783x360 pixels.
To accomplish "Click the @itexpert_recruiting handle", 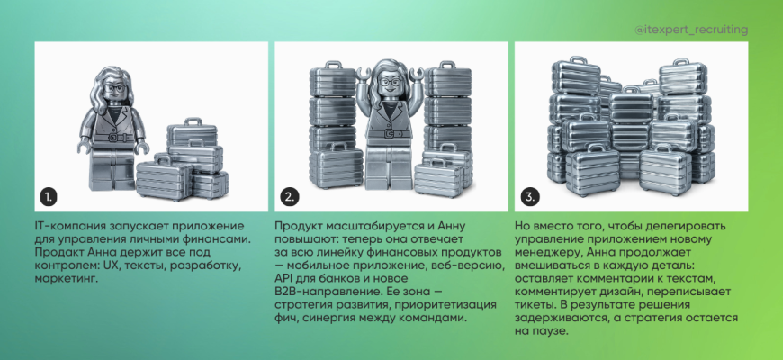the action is pyautogui.click(x=691, y=31).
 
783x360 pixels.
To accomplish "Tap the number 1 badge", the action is pyautogui.click(x=49, y=197).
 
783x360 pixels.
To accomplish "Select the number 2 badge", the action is pyautogui.click(x=289, y=197).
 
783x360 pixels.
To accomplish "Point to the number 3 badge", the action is pyautogui.click(x=529, y=197).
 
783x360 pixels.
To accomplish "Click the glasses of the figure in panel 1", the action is pyautogui.click(x=115, y=89).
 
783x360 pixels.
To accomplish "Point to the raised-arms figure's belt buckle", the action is pyautogui.click(x=389, y=133).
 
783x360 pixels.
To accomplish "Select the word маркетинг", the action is pyautogui.click(x=62, y=279).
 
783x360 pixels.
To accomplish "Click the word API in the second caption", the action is pyautogui.click(x=283, y=279).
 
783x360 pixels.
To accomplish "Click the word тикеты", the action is pyautogui.click(x=531, y=305).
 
